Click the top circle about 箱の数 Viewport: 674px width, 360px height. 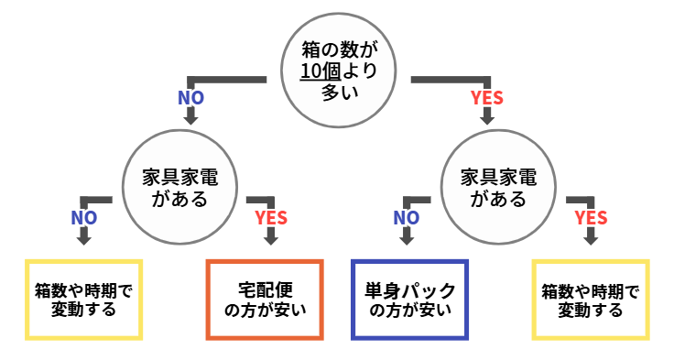[337, 71]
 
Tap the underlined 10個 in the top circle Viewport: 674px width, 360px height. [319, 71]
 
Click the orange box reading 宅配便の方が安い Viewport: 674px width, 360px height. [266, 300]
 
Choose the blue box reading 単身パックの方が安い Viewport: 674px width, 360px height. [410, 300]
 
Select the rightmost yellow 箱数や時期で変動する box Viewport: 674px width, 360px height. [591, 300]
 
